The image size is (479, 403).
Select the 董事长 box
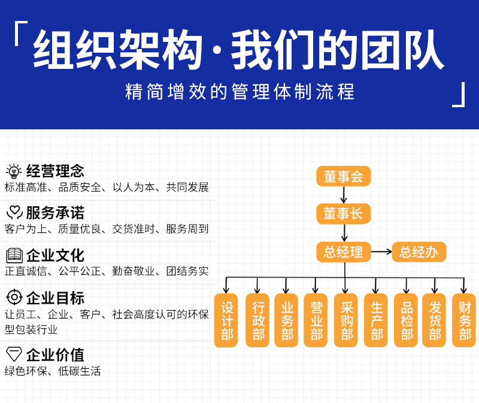pyautogui.click(x=344, y=214)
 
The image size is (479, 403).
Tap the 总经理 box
pyautogui.click(x=344, y=252)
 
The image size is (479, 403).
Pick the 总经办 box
pyautogui.click(x=419, y=252)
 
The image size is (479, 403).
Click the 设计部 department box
pyautogui.click(x=226, y=320)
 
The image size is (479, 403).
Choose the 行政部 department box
pyautogui.click(x=257, y=320)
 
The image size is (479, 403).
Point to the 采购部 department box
pyautogui.click(x=346, y=320)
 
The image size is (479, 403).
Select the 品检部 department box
pyautogui.click(x=406, y=320)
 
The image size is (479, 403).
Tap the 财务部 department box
pyautogui.click(x=465, y=320)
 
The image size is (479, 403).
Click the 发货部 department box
pyautogui.click(x=435, y=320)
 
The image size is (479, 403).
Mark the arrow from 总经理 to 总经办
pyautogui.click(x=381, y=252)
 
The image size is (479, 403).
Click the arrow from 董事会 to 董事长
pyautogui.click(x=344, y=195)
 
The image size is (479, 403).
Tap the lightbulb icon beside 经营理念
pyautogui.click(x=14, y=171)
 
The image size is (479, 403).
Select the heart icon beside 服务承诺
pyautogui.click(x=14, y=213)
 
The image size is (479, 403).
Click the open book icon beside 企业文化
pyautogui.click(x=14, y=256)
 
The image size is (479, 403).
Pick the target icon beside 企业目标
pyautogui.click(x=14, y=298)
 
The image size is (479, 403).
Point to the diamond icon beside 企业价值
pyautogui.click(x=14, y=353)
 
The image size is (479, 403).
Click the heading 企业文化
pyautogui.click(x=55, y=256)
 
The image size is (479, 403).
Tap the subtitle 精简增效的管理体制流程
pyautogui.click(x=239, y=92)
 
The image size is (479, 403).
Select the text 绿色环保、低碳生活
pyautogui.click(x=53, y=371)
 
